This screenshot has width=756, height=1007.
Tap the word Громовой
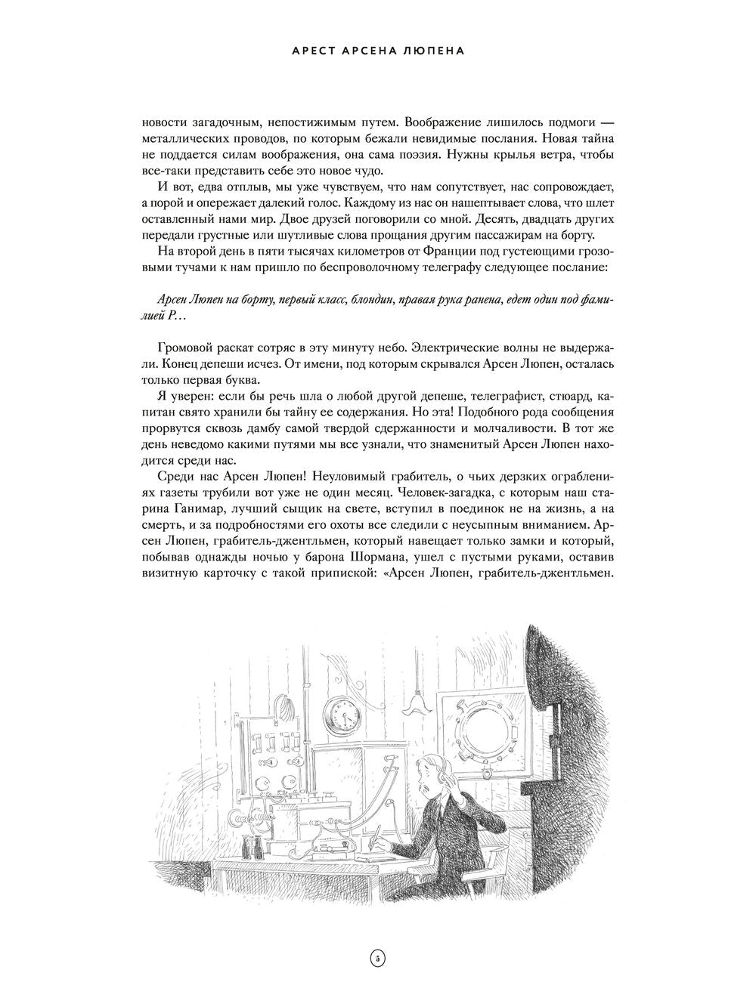186,347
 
